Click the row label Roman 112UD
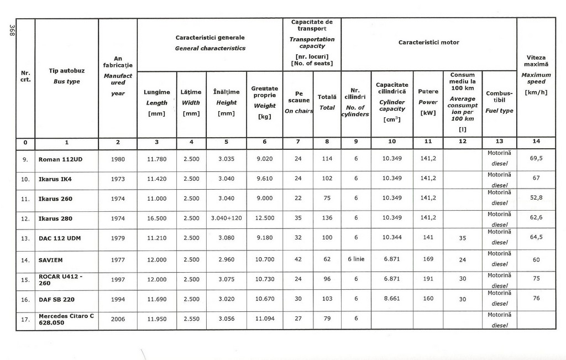pos(60,159)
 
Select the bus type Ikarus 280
pos(55,218)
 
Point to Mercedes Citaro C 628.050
pos(66,319)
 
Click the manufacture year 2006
pos(118,319)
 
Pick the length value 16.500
pos(156,218)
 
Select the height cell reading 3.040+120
pos(227,218)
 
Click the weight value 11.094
pos(264,319)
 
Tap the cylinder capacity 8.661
pos(391,299)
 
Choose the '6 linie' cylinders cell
pos(356,260)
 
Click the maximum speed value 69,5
pos(536,158)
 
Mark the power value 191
pos(428,279)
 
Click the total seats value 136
pos(327,218)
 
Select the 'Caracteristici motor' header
pos(428,43)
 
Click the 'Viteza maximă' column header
pos(536,60)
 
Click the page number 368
pos(11,31)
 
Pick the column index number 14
pos(536,142)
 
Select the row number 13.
pos(25,238)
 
